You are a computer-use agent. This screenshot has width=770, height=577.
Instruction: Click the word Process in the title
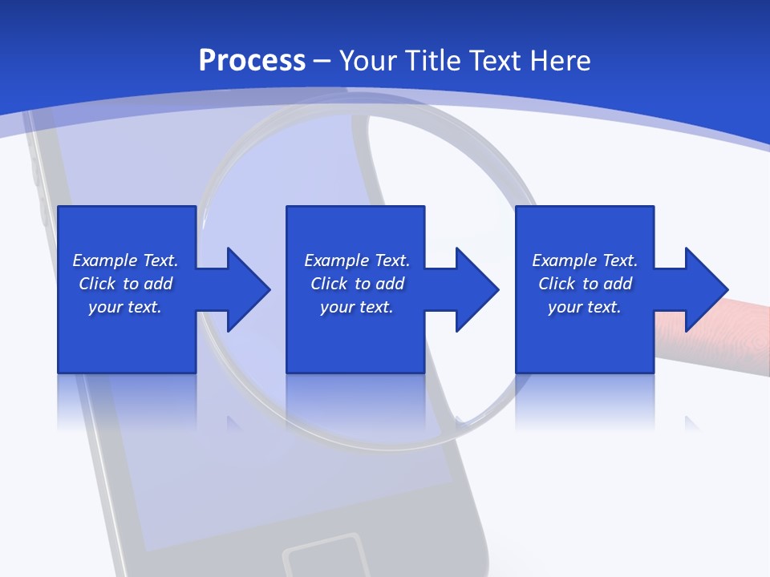252,61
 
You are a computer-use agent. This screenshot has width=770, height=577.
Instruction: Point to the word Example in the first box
104,260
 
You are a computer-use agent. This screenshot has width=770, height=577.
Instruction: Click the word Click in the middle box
330,284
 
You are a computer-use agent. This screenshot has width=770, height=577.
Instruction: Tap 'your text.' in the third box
584,307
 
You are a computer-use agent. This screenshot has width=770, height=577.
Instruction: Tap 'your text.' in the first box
125,307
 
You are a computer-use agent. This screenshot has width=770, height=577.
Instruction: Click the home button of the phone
325,558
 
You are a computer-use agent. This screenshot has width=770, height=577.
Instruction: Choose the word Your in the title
368,61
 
